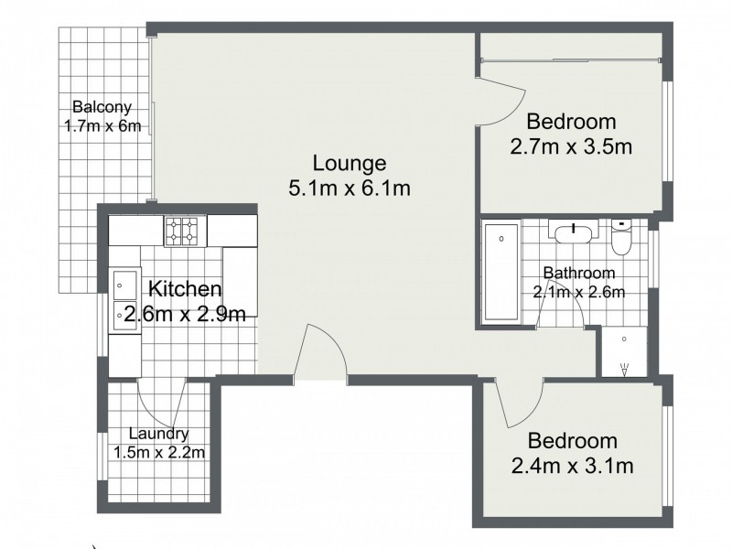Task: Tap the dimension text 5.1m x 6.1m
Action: (349, 188)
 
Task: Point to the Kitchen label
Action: (185, 290)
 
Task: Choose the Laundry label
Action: (159, 434)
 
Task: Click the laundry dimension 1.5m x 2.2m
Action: (159, 451)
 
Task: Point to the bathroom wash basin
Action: (573, 230)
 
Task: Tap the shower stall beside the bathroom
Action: (624, 351)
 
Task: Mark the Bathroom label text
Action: (578, 273)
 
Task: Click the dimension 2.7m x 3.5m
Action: (571, 145)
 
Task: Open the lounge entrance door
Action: (321, 353)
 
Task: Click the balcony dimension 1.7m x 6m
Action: (102, 126)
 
